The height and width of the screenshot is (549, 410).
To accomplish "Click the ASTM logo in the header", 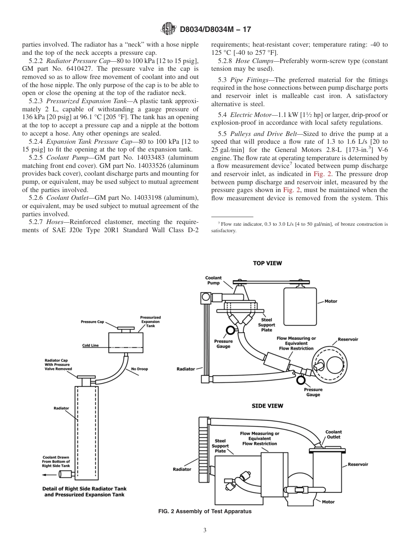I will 168,29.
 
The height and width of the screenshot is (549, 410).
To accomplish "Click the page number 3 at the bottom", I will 205,530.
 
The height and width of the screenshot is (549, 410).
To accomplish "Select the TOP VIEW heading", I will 267,263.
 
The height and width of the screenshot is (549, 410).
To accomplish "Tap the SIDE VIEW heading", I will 268,406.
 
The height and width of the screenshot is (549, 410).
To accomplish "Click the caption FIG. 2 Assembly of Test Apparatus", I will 205,511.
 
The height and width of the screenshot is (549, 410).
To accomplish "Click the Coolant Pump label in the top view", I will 213,281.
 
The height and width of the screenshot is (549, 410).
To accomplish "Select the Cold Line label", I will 91,345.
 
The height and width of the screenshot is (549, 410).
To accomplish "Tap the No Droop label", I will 139,369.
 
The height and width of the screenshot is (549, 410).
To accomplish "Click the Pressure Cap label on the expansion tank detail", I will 92,322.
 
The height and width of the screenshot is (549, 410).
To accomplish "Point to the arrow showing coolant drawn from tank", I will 47,474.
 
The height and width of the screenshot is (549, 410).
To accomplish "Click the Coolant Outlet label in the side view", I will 333,434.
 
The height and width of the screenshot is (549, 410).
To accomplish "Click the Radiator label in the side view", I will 182,469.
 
